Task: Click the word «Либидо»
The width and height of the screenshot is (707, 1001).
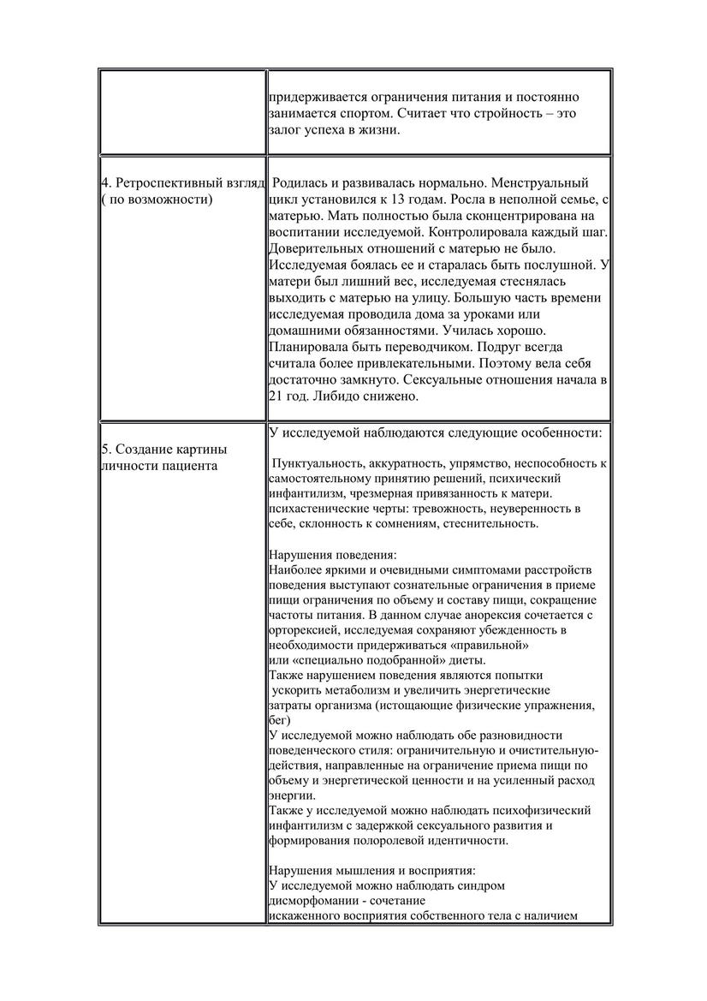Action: [x=327, y=396]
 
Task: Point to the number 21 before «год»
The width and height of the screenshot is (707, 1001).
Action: [x=276, y=396]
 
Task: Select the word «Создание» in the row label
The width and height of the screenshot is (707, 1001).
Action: [x=143, y=449]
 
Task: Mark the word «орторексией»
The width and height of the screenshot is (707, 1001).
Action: [x=303, y=630]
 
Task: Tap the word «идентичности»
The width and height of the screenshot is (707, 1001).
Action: [x=462, y=841]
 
